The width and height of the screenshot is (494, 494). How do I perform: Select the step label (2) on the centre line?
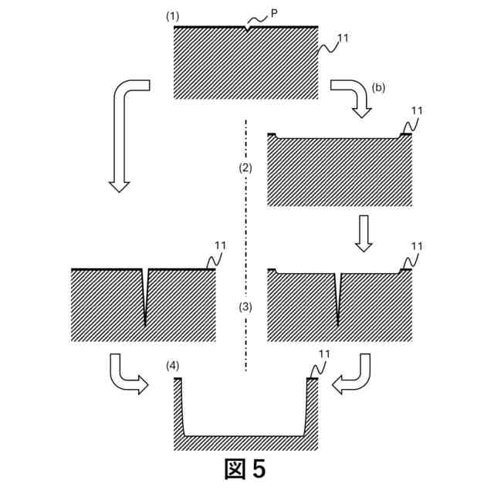[x=245, y=167]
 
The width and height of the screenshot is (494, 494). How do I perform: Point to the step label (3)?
[x=245, y=306]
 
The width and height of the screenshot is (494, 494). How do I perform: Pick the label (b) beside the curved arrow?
[x=378, y=87]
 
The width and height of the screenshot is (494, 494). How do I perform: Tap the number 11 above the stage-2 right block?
[x=418, y=110]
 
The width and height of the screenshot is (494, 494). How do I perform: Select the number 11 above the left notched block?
[x=221, y=246]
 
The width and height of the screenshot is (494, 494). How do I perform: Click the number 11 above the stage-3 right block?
[x=418, y=246]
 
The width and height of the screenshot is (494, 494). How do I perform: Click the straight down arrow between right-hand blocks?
[x=364, y=233]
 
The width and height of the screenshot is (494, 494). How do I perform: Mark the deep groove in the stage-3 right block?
[x=338, y=297]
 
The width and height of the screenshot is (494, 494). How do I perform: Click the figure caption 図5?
[x=245, y=469]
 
